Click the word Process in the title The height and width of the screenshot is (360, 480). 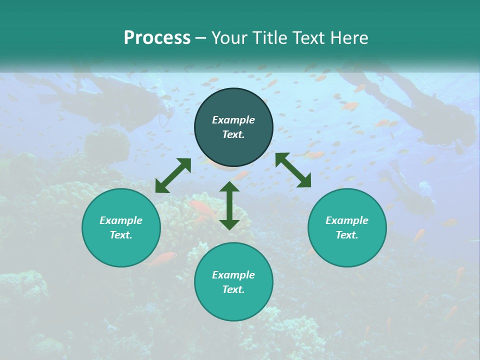tap(157, 38)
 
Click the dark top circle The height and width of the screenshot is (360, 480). tap(233, 127)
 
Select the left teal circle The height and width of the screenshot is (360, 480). tap(121, 228)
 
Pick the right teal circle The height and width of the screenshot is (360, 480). tap(347, 228)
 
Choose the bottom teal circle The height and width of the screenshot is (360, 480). tap(233, 282)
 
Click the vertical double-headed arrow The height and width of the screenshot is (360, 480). tap(229, 205)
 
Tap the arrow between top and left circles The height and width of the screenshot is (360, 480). tap(173, 175)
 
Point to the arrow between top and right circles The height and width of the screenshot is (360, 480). tap(293, 170)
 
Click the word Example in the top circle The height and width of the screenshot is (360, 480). tap(233, 120)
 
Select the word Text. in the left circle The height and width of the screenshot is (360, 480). tap(121, 235)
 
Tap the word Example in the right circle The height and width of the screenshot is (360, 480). tap(347, 220)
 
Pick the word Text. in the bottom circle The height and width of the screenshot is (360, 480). tap(233, 289)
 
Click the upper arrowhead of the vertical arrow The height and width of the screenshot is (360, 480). tap(229, 186)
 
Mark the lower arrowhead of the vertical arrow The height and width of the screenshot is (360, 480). tap(229, 224)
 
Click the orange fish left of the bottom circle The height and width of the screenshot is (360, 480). tap(163, 258)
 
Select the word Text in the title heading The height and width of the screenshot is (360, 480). tap(308, 38)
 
